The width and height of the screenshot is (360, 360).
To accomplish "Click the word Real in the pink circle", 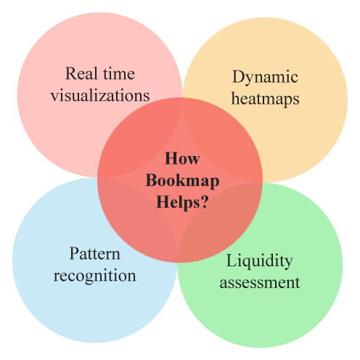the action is click(81, 73).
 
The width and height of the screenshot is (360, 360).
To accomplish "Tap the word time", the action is click(119, 73).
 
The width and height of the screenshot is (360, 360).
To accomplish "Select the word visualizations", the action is click(100, 95).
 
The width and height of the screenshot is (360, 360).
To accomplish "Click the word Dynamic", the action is click(265, 78).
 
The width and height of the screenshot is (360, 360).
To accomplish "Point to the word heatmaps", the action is click(265, 99).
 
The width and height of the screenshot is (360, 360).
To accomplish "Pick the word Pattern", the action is click(95, 254).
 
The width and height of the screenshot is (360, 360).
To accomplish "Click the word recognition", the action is click(95, 276).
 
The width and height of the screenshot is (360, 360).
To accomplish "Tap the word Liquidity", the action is click(260, 261).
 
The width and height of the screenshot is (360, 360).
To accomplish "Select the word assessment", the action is click(260, 282).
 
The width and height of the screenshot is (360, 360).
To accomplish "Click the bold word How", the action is click(182, 159).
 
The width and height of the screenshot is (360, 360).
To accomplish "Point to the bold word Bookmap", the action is click(183, 181).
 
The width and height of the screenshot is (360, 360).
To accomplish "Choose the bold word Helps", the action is click(178, 202).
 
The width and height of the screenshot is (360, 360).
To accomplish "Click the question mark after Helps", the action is click(205, 202).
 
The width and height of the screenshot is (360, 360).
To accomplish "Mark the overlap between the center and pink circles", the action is click(143, 140).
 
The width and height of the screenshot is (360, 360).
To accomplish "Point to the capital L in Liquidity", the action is click(232, 261).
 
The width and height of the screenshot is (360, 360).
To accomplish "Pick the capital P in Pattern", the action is click(74, 254).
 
